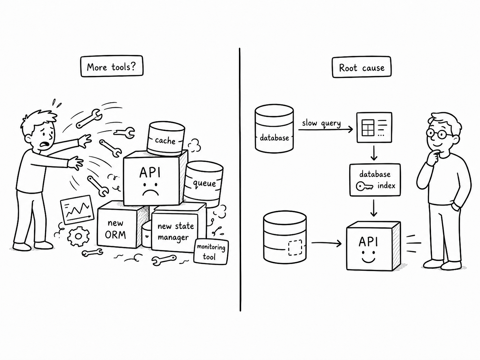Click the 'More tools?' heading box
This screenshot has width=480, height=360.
click(x=112, y=66)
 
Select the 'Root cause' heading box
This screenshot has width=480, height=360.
click(x=362, y=67)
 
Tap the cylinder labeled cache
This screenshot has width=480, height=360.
click(x=166, y=139)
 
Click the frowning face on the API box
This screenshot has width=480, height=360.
click(x=151, y=189)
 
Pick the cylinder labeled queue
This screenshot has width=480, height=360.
click(x=203, y=184)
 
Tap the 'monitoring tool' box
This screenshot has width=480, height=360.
click(x=211, y=252)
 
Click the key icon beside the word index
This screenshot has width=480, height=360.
click(x=364, y=187)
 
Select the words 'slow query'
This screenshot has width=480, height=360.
click(x=322, y=123)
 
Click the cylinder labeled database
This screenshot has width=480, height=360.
click(x=274, y=128)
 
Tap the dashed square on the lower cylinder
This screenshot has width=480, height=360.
click(x=295, y=248)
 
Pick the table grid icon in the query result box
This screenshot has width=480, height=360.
click(x=368, y=128)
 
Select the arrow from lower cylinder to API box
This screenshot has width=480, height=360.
click(x=326, y=243)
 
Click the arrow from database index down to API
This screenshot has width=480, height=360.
click(x=374, y=208)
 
